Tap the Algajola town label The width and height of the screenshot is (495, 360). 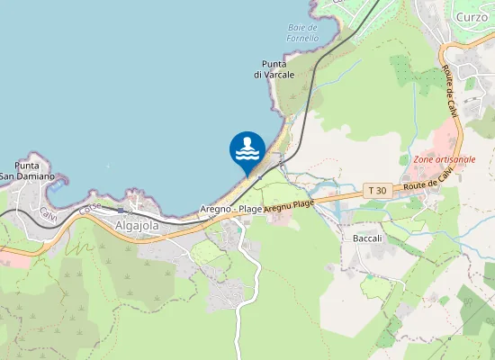(137, 226)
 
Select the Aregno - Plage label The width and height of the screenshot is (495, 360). (231, 209)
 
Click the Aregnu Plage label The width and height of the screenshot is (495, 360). (289, 206)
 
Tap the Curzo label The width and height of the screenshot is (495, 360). (472, 17)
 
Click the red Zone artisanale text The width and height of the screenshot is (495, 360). (445, 159)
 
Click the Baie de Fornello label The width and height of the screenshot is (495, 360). (302, 33)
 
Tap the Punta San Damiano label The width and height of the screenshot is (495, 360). (27, 171)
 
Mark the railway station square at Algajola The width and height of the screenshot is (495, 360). (120, 209)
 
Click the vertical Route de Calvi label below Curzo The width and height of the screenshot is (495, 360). (451, 93)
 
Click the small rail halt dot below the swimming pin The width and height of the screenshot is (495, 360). (258, 176)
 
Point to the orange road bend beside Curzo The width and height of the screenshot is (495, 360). (443, 49)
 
